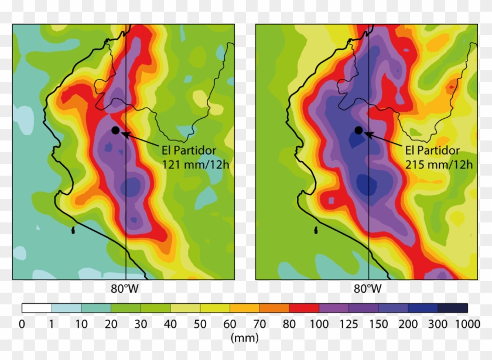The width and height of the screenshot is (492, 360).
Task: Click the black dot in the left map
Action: [x=115, y=130]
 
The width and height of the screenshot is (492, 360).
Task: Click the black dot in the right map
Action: [x=358, y=130]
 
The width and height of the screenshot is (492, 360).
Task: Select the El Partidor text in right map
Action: [x=433, y=150]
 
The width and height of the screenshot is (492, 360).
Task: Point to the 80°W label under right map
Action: [x=368, y=289]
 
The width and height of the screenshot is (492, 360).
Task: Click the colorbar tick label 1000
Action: [x=467, y=323]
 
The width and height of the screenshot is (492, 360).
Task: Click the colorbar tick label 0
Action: [x=22, y=323]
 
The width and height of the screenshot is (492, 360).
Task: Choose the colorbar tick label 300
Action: [x=438, y=323]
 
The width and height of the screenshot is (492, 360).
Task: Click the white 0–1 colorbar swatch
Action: [x=36, y=308]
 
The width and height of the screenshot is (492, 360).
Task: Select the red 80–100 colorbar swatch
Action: [x=304, y=308]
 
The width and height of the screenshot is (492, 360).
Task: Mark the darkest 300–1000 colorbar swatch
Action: [x=453, y=308]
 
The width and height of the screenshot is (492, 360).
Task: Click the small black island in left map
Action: [x=73, y=230]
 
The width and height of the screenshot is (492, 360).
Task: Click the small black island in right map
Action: [x=316, y=230]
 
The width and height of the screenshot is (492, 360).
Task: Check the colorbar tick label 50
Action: [x=200, y=323]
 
